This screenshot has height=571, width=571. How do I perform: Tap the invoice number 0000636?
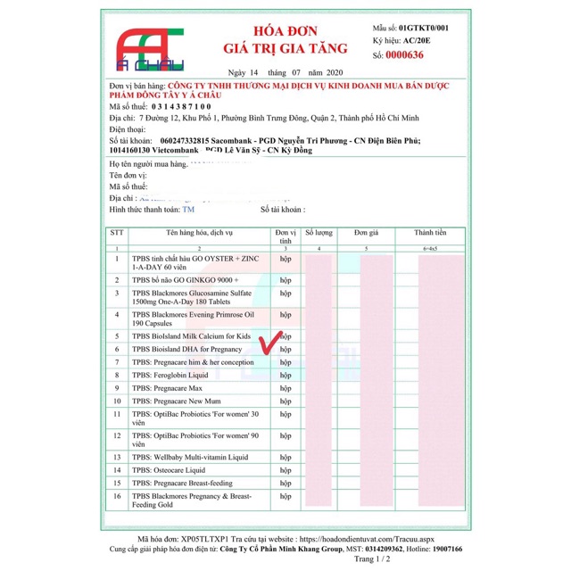click(x=404, y=55)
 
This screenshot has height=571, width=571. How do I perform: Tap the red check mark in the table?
click(x=269, y=343)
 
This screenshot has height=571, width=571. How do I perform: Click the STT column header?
click(x=117, y=231)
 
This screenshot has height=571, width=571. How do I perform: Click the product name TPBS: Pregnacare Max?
click(x=167, y=389)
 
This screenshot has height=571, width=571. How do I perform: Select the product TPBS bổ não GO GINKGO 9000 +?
click(x=186, y=279)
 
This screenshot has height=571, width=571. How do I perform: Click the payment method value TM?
click(x=188, y=209)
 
